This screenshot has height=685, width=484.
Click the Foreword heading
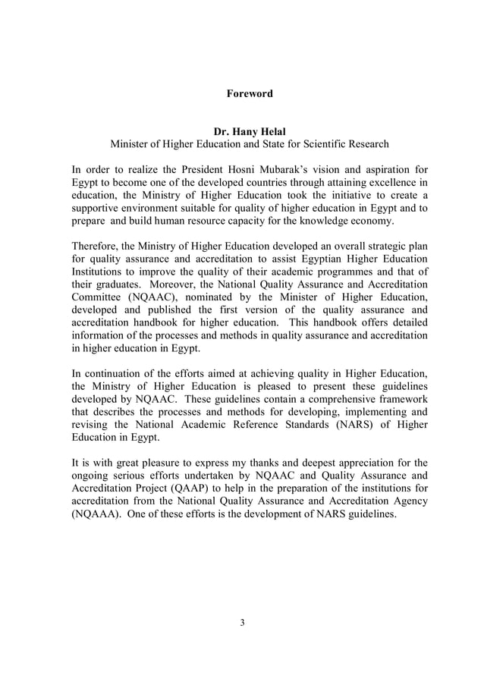[250, 94]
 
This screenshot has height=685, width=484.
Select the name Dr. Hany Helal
[250, 130]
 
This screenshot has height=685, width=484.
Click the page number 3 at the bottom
[242, 623]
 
